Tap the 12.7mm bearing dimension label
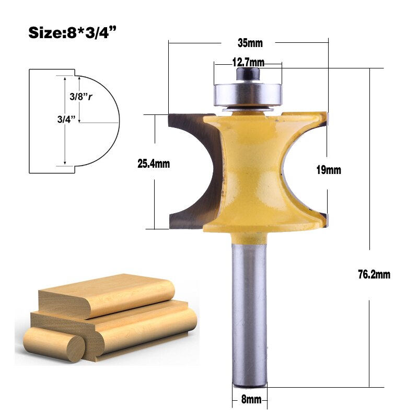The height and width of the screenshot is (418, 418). pos(248,63)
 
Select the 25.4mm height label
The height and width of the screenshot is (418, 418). pos(154,164)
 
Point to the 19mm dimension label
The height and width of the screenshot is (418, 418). pos(329,170)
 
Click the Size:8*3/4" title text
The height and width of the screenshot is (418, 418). pos(72,32)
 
